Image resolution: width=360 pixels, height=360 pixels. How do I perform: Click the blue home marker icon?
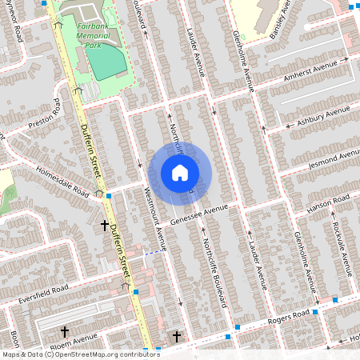tap(180, 173)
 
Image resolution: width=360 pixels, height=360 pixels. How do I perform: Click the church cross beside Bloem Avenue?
tap(65, 330)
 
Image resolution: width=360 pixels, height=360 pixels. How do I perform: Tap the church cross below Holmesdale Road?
tap(104, 226)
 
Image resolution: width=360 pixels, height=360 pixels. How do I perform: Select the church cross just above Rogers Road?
tap(176, 336)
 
